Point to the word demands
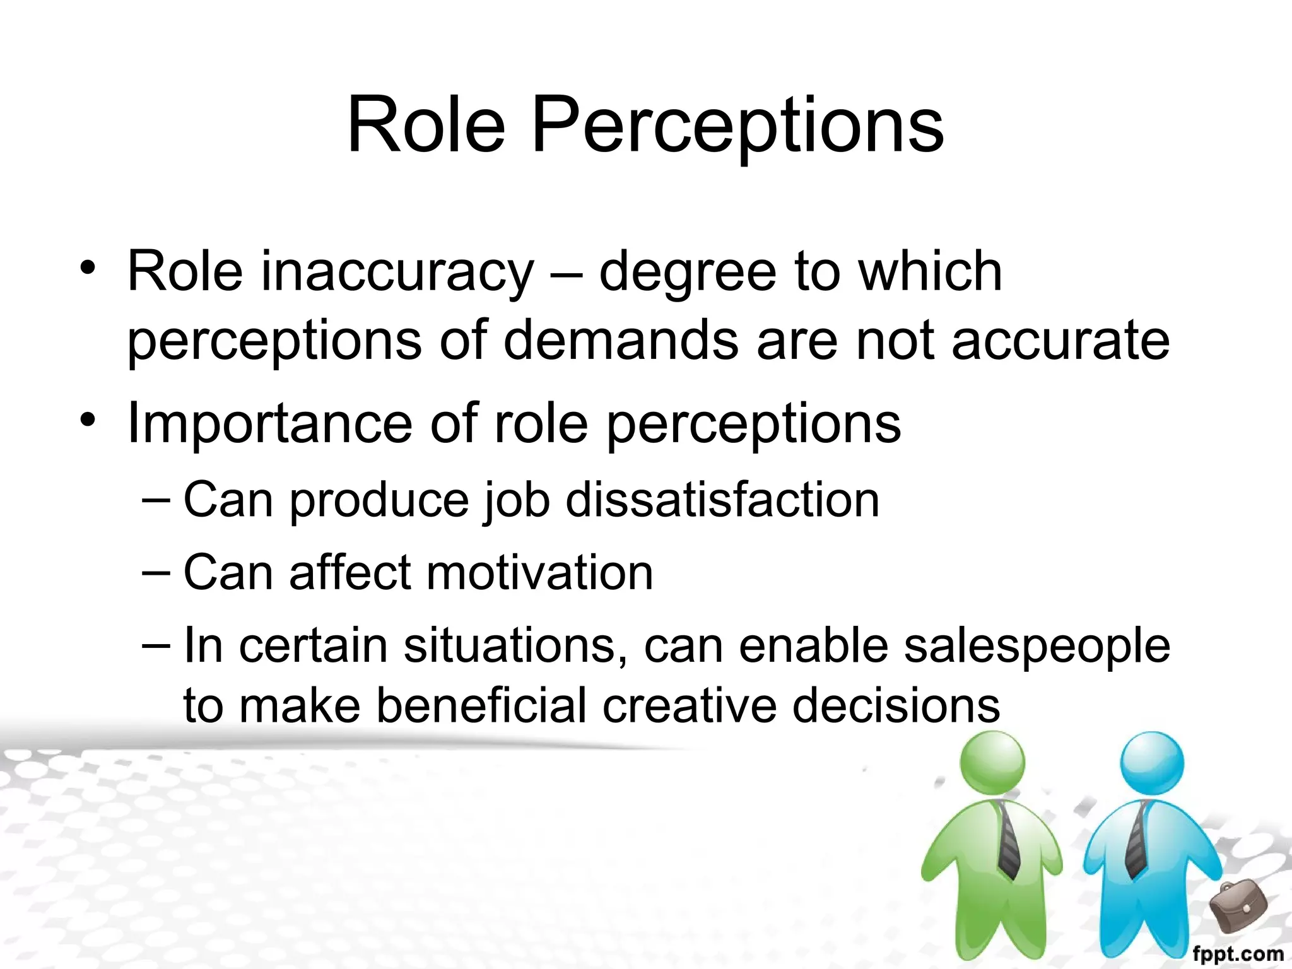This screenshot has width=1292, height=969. (x=621, y=341)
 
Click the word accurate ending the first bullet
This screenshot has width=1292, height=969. (x=1060, y=341)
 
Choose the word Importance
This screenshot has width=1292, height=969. (x=269, y=424)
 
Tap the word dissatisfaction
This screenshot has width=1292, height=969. (x=722, y=500)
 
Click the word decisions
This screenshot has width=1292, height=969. (x=896, y=705)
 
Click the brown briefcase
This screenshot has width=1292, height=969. (x=1238, y=906)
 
